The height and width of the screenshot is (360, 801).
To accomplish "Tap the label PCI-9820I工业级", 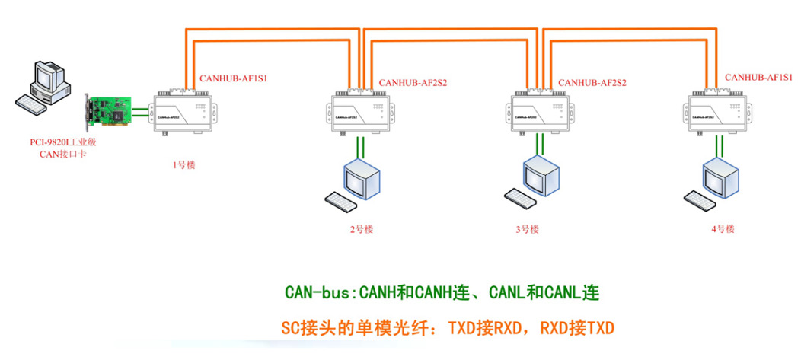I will (x=57, y=142).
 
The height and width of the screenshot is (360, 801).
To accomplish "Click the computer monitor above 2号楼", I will (x=362, y=178).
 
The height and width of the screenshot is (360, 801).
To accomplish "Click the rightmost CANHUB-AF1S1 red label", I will (x=758, y=77).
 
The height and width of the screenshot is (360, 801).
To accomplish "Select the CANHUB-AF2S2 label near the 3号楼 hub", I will (x=592, y=82).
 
